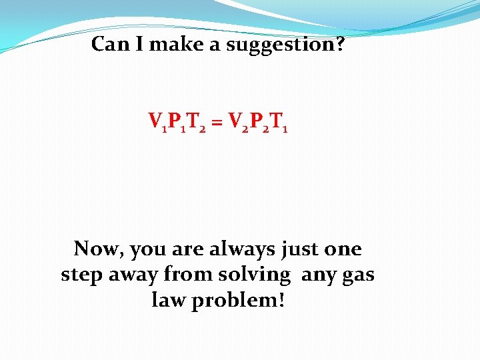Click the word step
81,275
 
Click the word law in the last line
168,300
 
